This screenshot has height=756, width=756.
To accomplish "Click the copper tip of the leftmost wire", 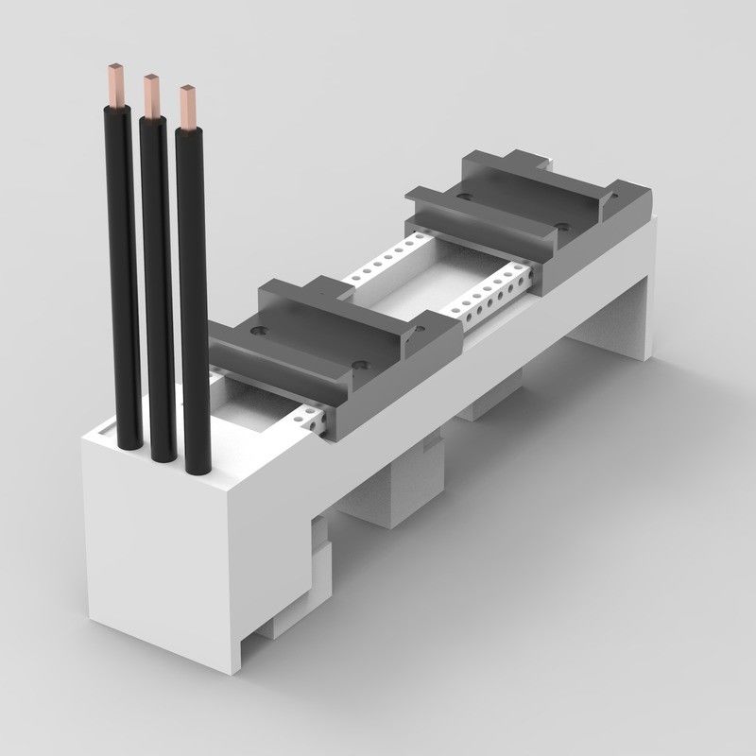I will click(117, 80).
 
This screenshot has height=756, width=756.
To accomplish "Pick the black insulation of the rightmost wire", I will click(194, 302).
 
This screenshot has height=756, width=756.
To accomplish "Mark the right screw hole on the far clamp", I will click(562, 227).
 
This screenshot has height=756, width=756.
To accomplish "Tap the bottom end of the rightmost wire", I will click(196, 468).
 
